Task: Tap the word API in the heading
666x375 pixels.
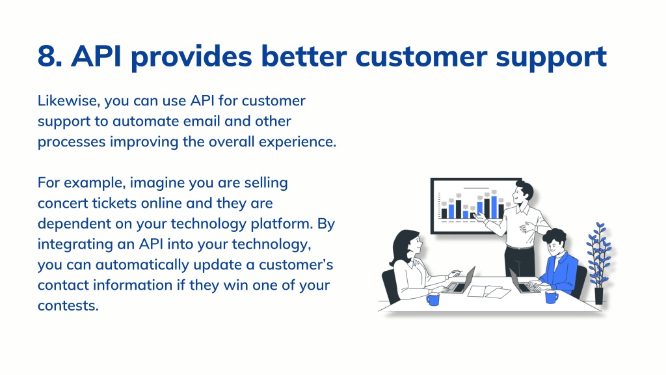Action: (x=96, y=56)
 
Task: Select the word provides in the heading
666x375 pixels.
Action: (x=191, y=57)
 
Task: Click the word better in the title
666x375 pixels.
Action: (x=304, y=56)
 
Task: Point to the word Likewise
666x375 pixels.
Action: (x=69, y=101)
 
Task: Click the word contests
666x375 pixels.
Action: (x=68, y=306)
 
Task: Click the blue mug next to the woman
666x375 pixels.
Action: (x=433, y=299)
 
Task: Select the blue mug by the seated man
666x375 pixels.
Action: (x=552, y=296)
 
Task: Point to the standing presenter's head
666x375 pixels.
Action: (x=522, y=193)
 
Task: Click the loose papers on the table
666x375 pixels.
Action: (x=489, y=292)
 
